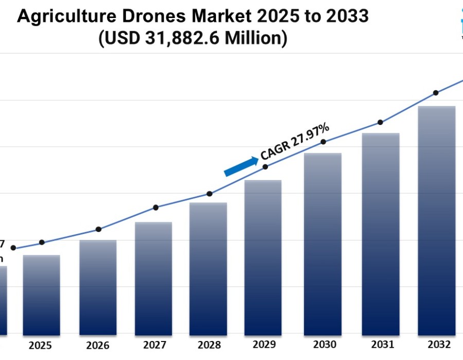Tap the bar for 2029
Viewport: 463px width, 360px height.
pos(263,257)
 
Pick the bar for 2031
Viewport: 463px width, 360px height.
pos(381,234)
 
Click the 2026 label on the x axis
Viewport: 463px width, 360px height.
pos(98,345)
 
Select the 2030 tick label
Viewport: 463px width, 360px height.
pos(324,345)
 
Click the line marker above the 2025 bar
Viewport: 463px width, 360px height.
pos(42,242)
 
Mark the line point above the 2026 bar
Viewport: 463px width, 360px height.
pos(99,229)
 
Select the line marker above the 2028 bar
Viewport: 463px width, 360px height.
pos(209,194)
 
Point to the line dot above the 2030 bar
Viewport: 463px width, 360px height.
pos(324,142)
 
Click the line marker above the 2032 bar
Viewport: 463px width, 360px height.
pos(436,93)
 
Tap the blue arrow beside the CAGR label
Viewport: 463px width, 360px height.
pos(241,167)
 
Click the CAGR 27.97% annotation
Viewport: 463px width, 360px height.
pos(295,141)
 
